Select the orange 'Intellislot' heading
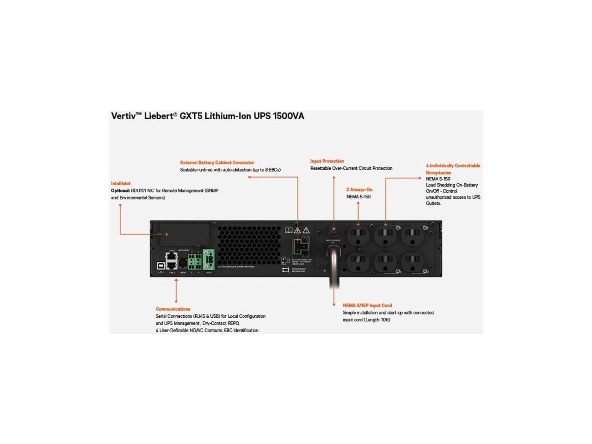tap(121, 184)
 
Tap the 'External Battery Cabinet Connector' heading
tap(217, 163)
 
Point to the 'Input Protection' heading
tap(327, 161)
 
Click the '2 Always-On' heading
tap(359, 190)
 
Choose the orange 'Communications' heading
tap(173, 309)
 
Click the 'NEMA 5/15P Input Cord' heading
tap(367, 306)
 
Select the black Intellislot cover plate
tap(184, 234)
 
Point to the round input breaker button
tap(333, 230)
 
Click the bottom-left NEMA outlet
tap(358, 262)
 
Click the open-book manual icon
tap(289, 230)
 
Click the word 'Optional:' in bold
tap(120, 191)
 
